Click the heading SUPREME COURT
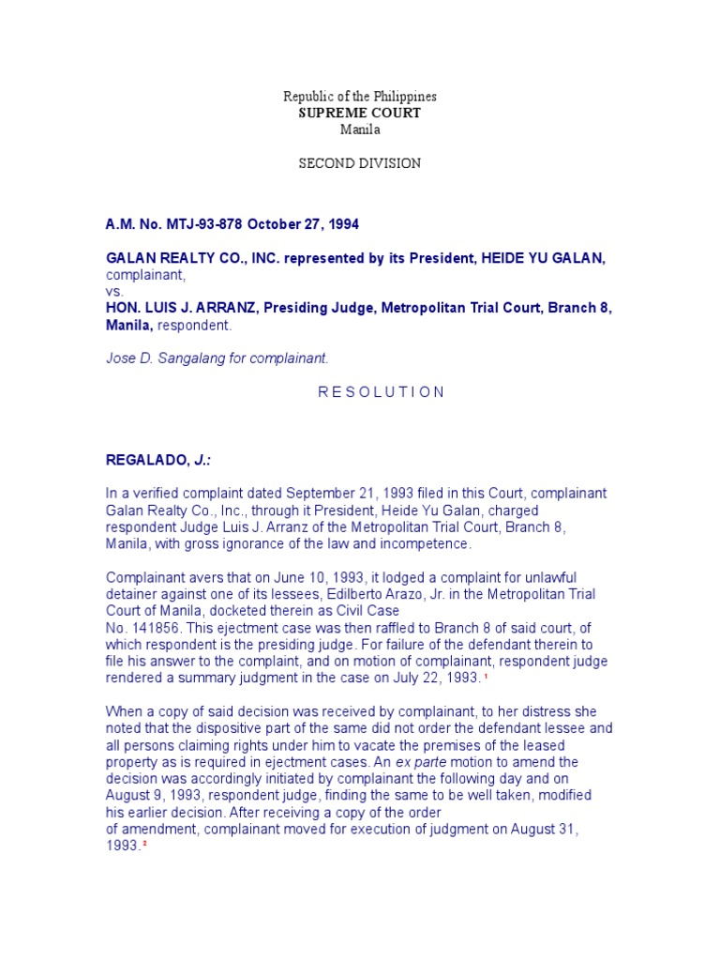click(x=360, y=113)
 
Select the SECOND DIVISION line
click(x=360, y=163)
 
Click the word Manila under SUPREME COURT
click(x=360, y=130)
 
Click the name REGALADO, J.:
click(x=158, y=461)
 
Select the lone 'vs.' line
click(x=114, y=292)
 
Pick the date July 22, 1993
click(x=434, y=678)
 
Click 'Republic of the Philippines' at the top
click(x=360, y=97)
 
